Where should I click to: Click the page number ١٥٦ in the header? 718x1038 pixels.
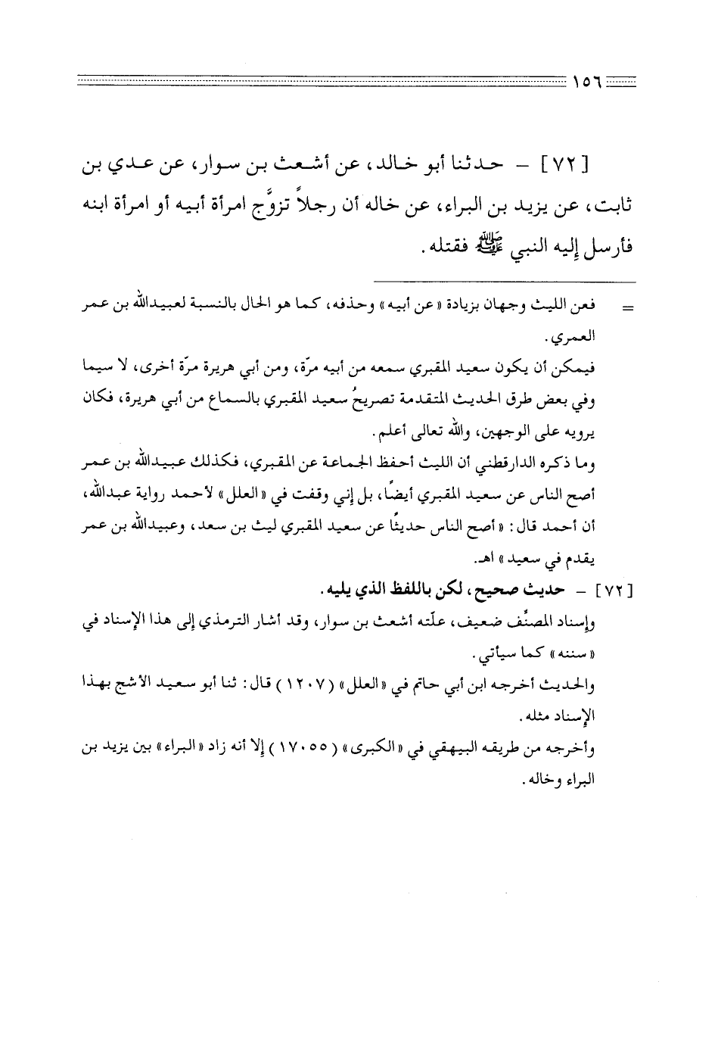click(x=587, y=78)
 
